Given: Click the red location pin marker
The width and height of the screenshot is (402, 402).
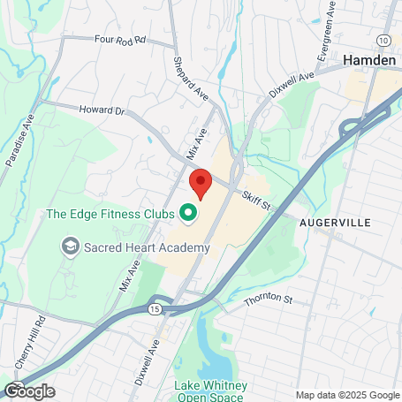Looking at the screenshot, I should click(x=201, y=184).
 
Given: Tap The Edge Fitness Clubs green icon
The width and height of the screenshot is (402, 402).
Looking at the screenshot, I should click(x=187, y=212).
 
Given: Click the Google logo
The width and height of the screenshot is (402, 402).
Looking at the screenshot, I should click(x=29, y=391).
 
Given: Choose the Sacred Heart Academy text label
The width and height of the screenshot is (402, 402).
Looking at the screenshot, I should click(x=147, y=247).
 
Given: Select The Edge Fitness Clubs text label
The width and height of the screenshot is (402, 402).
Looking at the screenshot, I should click(x=108, y=213).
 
